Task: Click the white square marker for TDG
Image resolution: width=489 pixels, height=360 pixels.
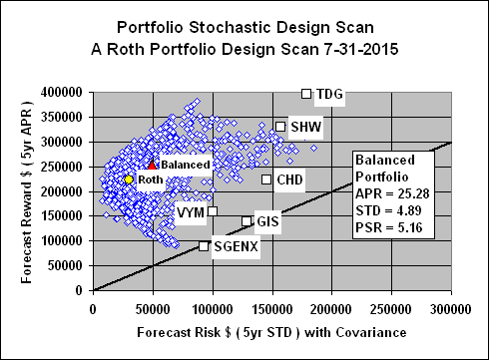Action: tap(306, 94)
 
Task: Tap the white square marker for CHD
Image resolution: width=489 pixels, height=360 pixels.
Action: tap(266, 180)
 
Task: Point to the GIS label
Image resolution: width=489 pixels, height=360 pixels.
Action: tap(267, 220)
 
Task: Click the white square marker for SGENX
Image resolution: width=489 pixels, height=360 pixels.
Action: tap(204, 246)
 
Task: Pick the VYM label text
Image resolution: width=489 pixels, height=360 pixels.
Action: tap(189, 212)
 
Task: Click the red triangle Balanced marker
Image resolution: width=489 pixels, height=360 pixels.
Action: tap(152, 164)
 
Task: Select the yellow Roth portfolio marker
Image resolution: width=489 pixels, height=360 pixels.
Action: tap(128, 179)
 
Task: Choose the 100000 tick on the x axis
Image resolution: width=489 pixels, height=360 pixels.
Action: tap(213, 307)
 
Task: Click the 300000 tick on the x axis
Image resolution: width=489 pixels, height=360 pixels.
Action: tap(452, 307)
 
